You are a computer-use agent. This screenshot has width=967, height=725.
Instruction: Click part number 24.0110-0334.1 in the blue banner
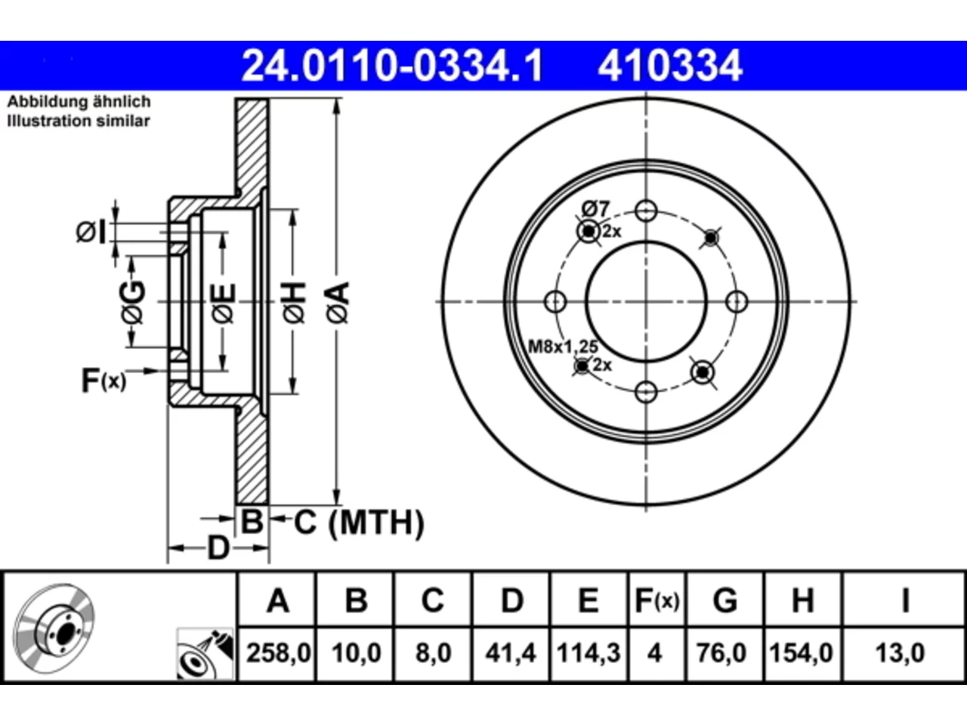click(x=393, y=66)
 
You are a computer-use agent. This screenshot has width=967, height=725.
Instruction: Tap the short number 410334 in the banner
click(x=670, y=66)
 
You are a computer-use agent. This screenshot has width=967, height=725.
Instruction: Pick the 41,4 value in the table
click(x=511, y=652)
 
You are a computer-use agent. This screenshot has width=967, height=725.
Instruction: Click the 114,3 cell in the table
click(x=589, y=652)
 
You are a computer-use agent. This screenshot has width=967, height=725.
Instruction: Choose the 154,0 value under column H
click(x=801, y=652)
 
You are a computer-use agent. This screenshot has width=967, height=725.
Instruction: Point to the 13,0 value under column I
click(x=900, y=652)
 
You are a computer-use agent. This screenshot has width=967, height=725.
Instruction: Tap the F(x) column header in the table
click(x=657, y=600)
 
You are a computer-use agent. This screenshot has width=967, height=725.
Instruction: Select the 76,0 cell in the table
click(x=721, y=652)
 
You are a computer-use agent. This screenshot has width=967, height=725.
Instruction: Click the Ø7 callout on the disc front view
click(x=595, y=208)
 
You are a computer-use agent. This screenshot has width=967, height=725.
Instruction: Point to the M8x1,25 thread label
click(x=563, y=347)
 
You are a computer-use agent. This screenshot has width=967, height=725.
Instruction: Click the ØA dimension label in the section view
click(x=338, y=303)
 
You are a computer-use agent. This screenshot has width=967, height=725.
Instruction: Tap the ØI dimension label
click(x=91, y=232)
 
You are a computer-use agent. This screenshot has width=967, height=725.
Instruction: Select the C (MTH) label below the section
click(x=359, y=523)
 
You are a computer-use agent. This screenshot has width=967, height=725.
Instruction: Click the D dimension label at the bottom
click(x=218, y=548)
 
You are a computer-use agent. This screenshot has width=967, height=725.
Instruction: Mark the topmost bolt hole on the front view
click(x=646, y=211)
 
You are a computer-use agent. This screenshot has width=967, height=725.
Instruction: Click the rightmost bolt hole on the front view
click(x=736, y=301)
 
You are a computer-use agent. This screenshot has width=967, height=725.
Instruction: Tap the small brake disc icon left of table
click(x=54, y=628)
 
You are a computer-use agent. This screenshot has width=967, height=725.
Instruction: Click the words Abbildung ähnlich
click(x=79, y=102)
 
